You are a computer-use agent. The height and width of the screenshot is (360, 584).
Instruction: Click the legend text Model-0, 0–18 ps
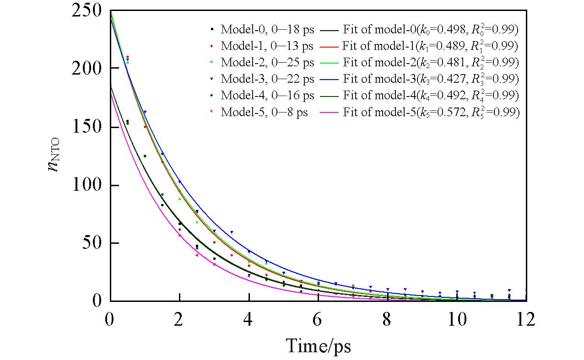[x=267, y=30]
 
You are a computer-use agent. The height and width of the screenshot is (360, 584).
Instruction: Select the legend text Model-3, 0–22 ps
[x=267, y=79]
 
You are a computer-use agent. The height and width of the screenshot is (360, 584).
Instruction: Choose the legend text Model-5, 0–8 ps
[x=264, y=112]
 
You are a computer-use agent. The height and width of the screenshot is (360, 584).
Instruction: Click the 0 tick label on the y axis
[x=98, y=301]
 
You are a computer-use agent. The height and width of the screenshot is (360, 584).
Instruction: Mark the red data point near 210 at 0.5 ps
[x=127, y=57]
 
